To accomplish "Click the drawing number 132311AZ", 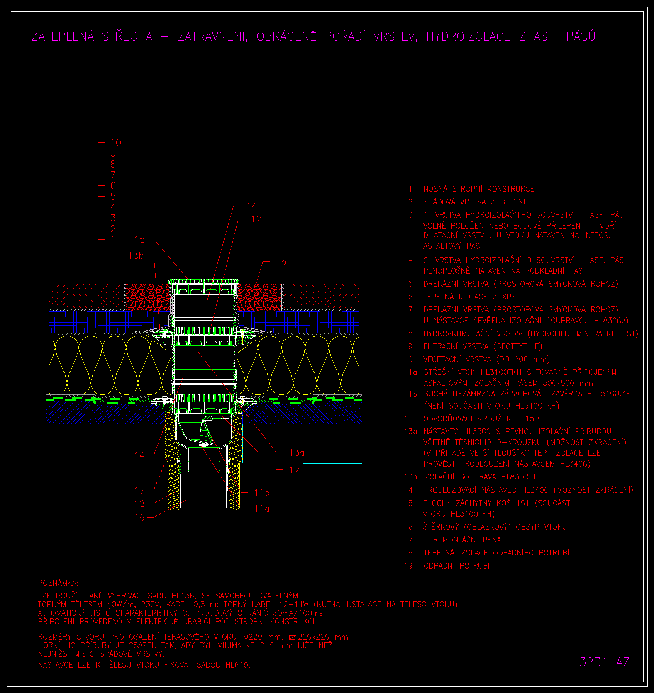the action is [x=601, y=662].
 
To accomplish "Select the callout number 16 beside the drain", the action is [x=281, y=262].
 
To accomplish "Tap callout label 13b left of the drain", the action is [x=136, y=255].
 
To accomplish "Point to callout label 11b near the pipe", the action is [x=262, y=493].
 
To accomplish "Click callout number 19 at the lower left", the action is [x=140, y=518].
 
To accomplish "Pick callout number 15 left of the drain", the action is [x=140, y=239].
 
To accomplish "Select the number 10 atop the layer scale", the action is [x=116, y=143].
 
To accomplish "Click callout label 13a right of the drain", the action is [x=296, y=452].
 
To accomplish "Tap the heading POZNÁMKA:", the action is [x=58, y=583].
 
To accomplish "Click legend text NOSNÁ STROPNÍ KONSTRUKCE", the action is [x=479, y=189].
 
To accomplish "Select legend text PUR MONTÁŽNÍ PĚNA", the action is [x=462, y=540].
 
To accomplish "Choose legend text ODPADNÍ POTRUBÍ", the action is [x=456, y=566].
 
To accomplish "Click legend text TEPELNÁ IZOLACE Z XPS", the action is [x=469, y=297].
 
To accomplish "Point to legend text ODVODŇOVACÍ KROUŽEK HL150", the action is [x=481, y=419].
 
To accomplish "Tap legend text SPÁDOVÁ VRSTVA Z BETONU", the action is [x=476, y=202].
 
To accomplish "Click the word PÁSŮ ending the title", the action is [x=581, y=36].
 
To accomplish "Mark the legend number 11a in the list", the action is [x=410, y=372].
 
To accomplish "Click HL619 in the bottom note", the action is [x=237, y=665].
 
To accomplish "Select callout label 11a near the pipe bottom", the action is [x=262, y=508].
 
